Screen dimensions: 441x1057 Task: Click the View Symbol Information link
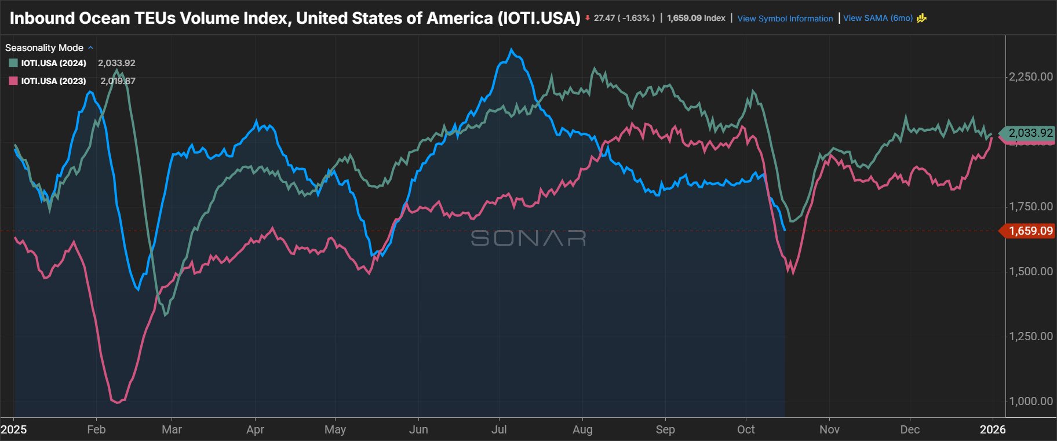click(785, 19)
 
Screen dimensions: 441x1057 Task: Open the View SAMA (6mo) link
click(877, 18)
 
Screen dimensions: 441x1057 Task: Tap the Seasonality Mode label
click(45, 48)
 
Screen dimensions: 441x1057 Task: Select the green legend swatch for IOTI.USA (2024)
click(13, 63)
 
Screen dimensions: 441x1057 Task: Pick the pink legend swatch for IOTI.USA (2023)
click(13, 81)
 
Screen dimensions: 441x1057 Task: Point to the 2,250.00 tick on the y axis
click(1030, 76)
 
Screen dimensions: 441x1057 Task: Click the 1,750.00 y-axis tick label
click(1030, 206)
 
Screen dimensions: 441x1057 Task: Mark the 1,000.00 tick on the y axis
click(1030, 401)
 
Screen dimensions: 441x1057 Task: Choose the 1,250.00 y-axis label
click(1030, 336)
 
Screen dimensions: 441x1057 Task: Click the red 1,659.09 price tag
click(1030, 231)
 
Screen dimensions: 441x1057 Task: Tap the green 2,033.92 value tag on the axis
click(1030, 133)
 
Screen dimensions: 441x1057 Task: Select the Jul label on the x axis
click(499, 429)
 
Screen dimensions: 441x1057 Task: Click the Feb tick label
click(96, 429)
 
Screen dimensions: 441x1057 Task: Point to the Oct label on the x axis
click(746, 429)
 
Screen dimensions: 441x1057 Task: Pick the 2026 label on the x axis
click(992, 429)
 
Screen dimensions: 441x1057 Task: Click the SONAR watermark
click(528, 238)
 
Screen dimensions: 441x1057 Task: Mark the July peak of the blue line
click(511, 50)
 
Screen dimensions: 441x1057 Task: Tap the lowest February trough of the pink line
click(117, 402)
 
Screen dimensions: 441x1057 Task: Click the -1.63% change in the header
click(635, 18)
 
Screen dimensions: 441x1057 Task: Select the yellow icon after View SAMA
click(921, 18)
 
